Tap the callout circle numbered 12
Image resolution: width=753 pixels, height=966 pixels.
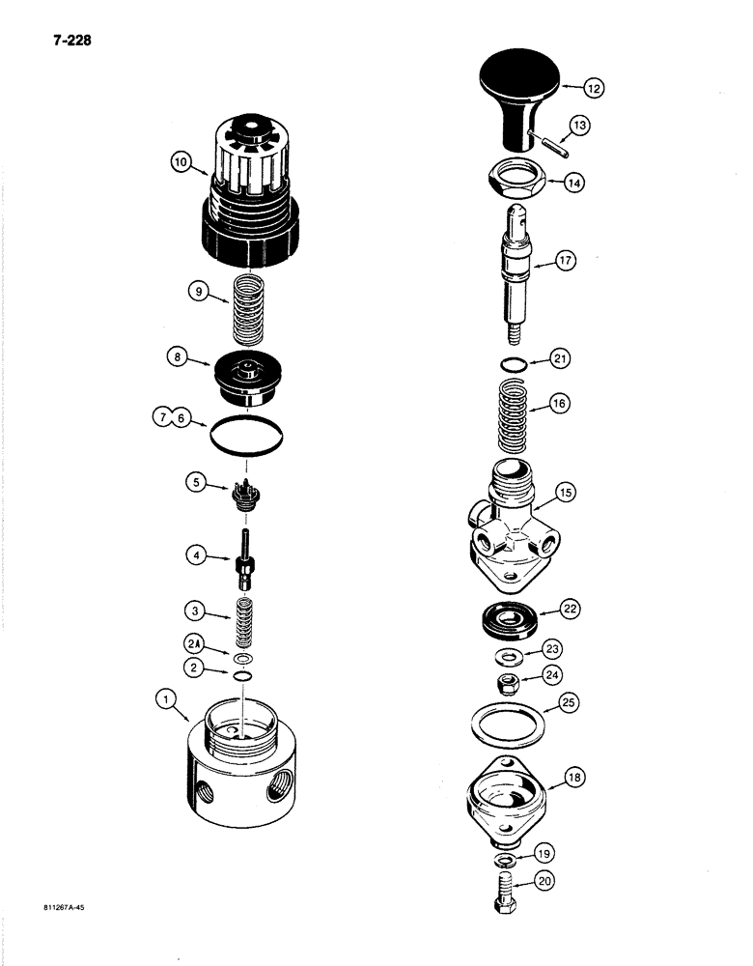coord(594,87)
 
